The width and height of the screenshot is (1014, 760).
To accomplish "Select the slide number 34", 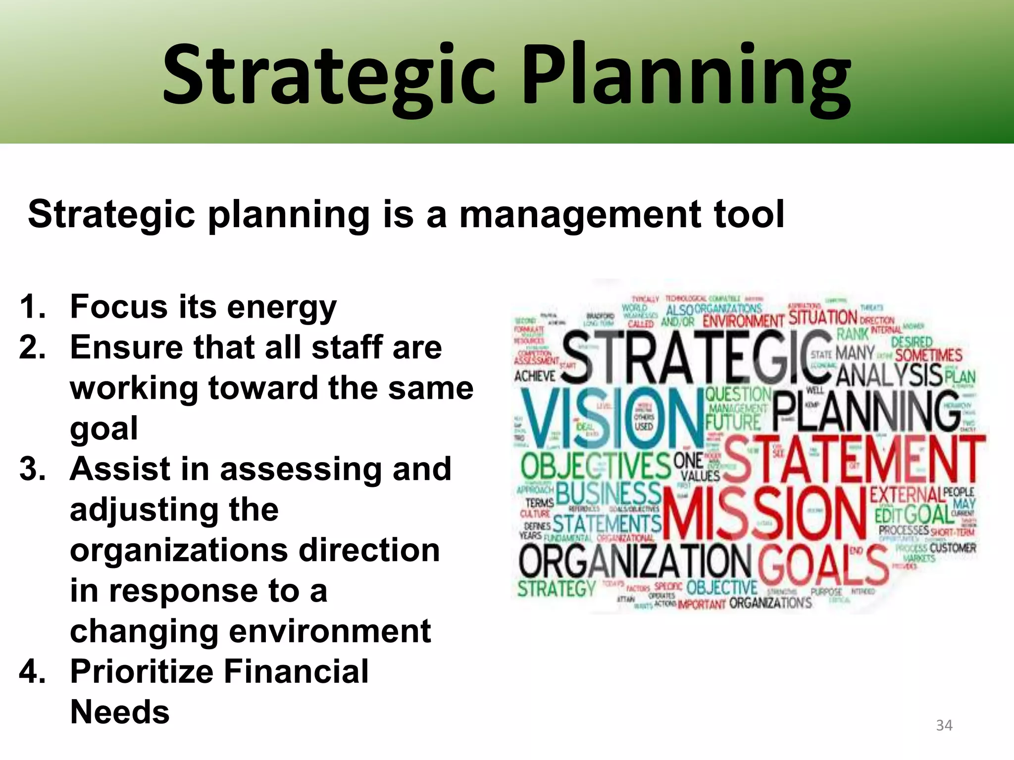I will pos(944,725).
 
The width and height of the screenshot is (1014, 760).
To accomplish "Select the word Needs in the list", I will pos(120,712).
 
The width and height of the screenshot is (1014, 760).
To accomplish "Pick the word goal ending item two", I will pos(104,429).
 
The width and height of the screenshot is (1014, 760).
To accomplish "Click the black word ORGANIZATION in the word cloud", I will pos(635,562).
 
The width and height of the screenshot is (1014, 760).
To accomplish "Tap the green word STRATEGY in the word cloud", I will pos(557,589).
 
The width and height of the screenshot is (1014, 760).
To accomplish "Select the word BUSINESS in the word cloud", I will pos(609,494).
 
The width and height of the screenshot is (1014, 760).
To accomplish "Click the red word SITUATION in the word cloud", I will pos(822,317).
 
